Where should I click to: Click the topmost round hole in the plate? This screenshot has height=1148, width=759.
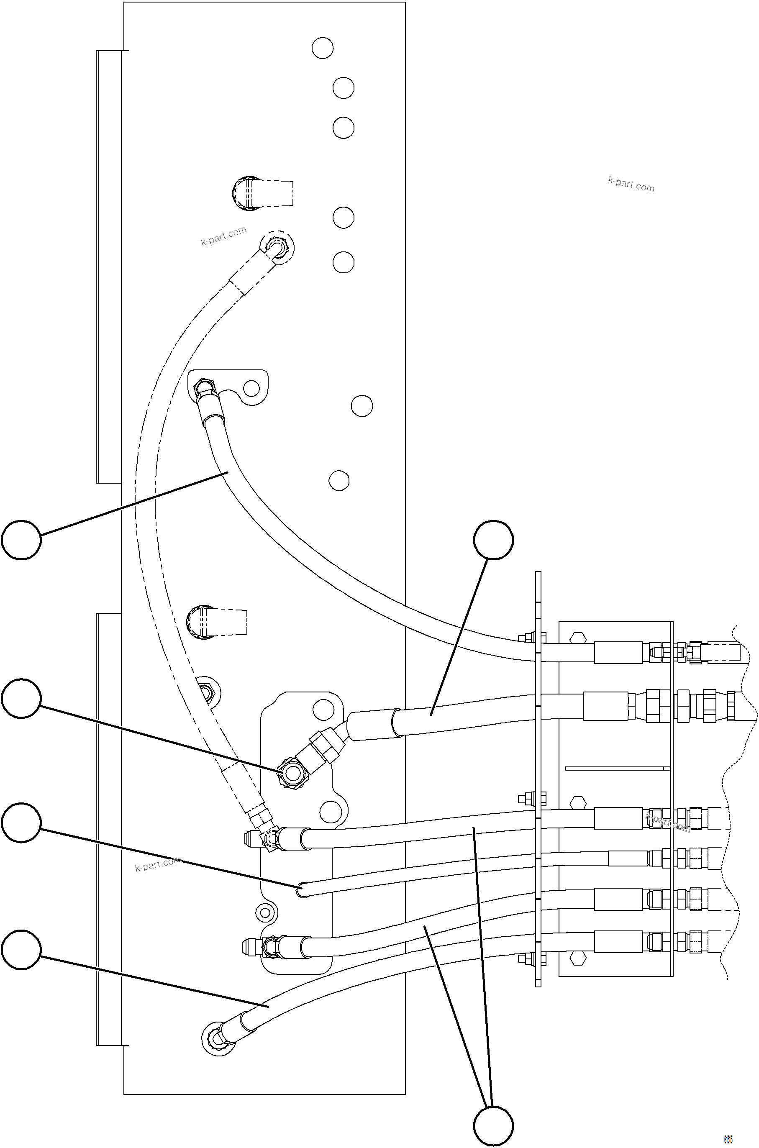pos(322,48)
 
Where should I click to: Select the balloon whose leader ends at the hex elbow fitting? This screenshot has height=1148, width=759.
pos(21,698)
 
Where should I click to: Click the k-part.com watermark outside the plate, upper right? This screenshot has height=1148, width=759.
pos(631,184)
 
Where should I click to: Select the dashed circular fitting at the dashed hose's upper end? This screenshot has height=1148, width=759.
pos(277,247)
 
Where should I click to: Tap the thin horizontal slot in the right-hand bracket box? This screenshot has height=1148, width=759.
pos(617,768)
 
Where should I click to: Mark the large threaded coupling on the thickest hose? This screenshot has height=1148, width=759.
pos(704,706)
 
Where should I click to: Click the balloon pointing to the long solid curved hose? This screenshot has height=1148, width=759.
pos(21,540)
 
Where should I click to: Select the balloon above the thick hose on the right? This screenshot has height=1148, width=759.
pos(493,540)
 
